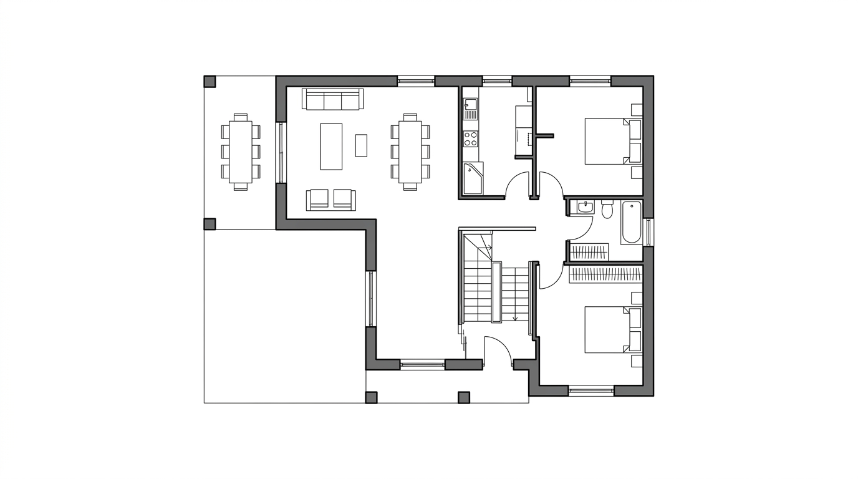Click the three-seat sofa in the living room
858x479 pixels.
click(333, 99)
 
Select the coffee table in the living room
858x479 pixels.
click(331, 146)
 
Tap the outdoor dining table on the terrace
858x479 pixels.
click(241, 151)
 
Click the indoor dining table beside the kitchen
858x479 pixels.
click(410, 151)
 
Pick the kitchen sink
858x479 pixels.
click(470, 109)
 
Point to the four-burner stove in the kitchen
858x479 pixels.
click(470, 138)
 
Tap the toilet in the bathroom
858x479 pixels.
click(607, 209)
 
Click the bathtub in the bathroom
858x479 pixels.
click(631, 223)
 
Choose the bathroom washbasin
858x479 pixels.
click(585, 207)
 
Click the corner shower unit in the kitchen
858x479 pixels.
click(473, 178)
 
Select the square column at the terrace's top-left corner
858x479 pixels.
click(210, 81)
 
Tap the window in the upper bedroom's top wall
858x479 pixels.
click(590, 80)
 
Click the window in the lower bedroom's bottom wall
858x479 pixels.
click(591, 391)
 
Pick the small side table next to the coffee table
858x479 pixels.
click(361, 145)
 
